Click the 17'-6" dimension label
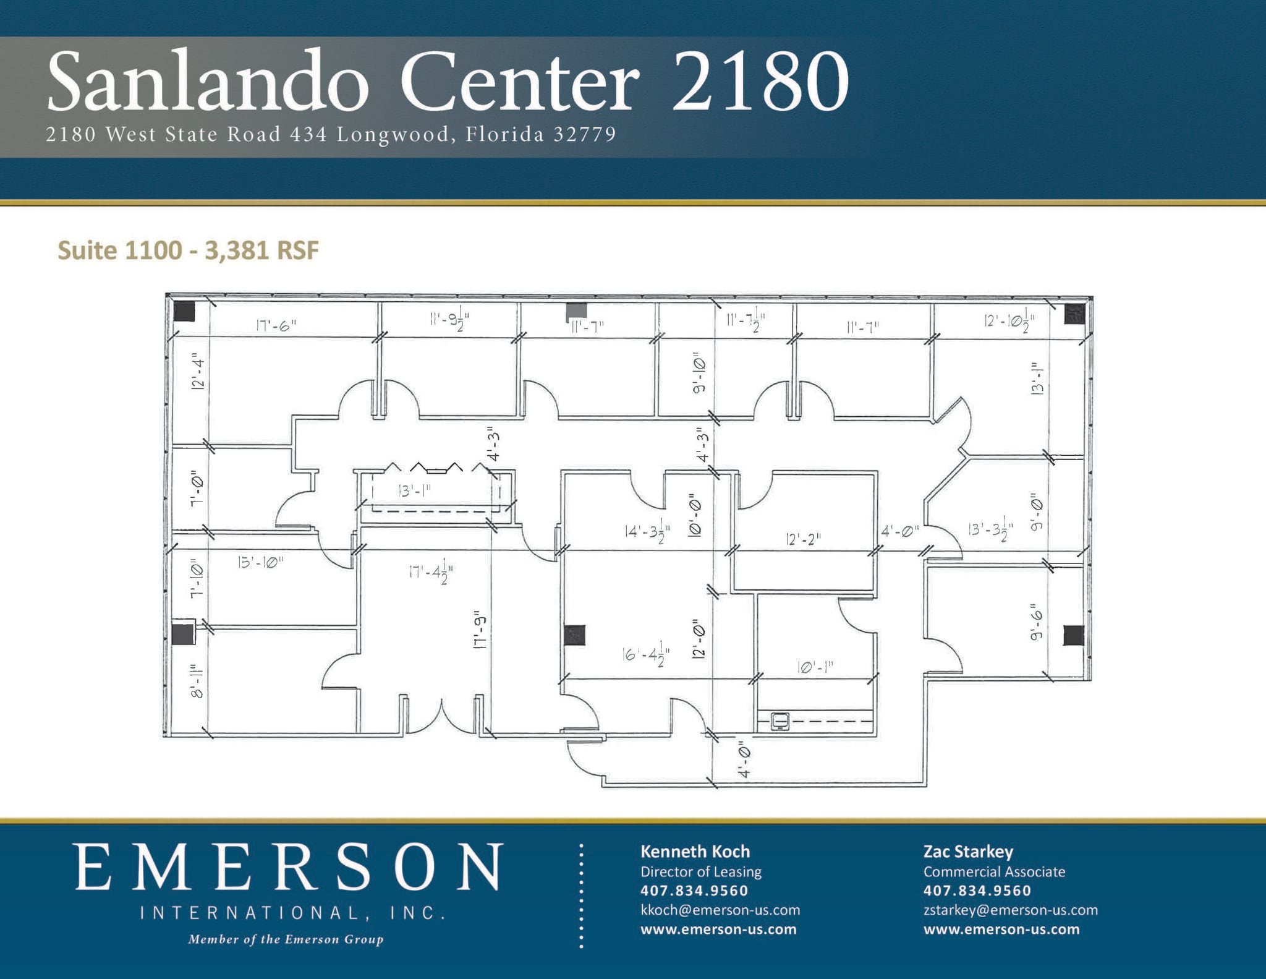[x=276, y=325]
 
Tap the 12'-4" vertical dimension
[x=198, y=372]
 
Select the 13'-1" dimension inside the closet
[x=415, y=490]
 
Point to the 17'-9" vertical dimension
[x=480, y=632]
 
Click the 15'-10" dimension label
[x=260, y=562]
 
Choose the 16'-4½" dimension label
[x=646, y=654]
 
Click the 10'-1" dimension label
[x=815, y=667]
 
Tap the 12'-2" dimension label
[x=803, y=539]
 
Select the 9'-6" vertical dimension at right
[x=1037, y=625]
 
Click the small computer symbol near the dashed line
[x=780, y=721]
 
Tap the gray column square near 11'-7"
[x=577, y=311]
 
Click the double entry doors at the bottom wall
[x=441, y=717]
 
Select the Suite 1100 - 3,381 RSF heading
[x=188, y=250]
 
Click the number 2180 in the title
[x=760, y=81]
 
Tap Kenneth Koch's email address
[x=720, y=910]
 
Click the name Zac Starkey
[x=968, y=852]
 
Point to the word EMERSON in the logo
[x=289, y=867]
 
